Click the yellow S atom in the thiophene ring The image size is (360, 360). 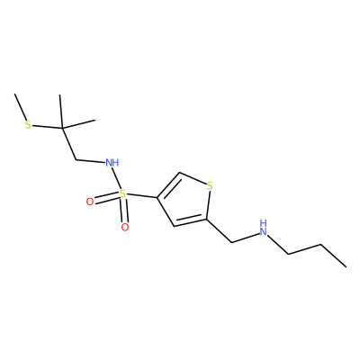210,186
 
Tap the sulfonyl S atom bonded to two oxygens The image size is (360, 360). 122,193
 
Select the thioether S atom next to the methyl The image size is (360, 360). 28,124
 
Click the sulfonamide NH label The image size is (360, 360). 112,163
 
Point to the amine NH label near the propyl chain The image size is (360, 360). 263,228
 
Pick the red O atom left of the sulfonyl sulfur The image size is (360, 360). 90,202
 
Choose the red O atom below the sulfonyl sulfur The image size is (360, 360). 125,227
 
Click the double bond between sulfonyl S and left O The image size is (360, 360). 106,198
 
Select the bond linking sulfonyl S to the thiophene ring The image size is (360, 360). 141,195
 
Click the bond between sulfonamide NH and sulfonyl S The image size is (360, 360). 117,178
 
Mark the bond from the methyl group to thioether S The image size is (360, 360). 20,106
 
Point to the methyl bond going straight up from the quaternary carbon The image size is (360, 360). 61,112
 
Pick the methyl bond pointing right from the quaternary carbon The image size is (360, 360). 78,124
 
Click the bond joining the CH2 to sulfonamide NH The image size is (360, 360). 91,161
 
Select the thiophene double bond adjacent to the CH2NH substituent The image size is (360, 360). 191,221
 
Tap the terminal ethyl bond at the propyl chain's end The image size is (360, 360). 333,256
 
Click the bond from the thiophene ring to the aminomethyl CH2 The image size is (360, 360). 220,231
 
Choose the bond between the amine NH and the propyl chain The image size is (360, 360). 278,245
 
